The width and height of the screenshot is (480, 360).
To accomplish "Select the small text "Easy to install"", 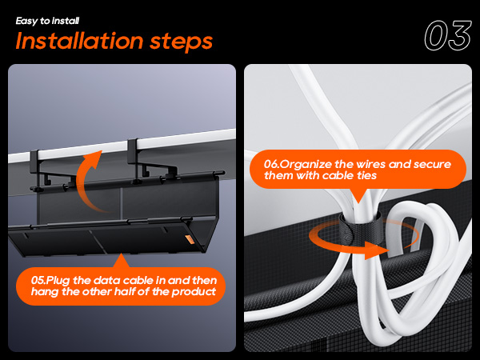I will point(47,19).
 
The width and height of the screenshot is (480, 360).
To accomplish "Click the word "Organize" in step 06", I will point(309,164).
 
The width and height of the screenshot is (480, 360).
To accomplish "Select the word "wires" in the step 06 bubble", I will point(383,164).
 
